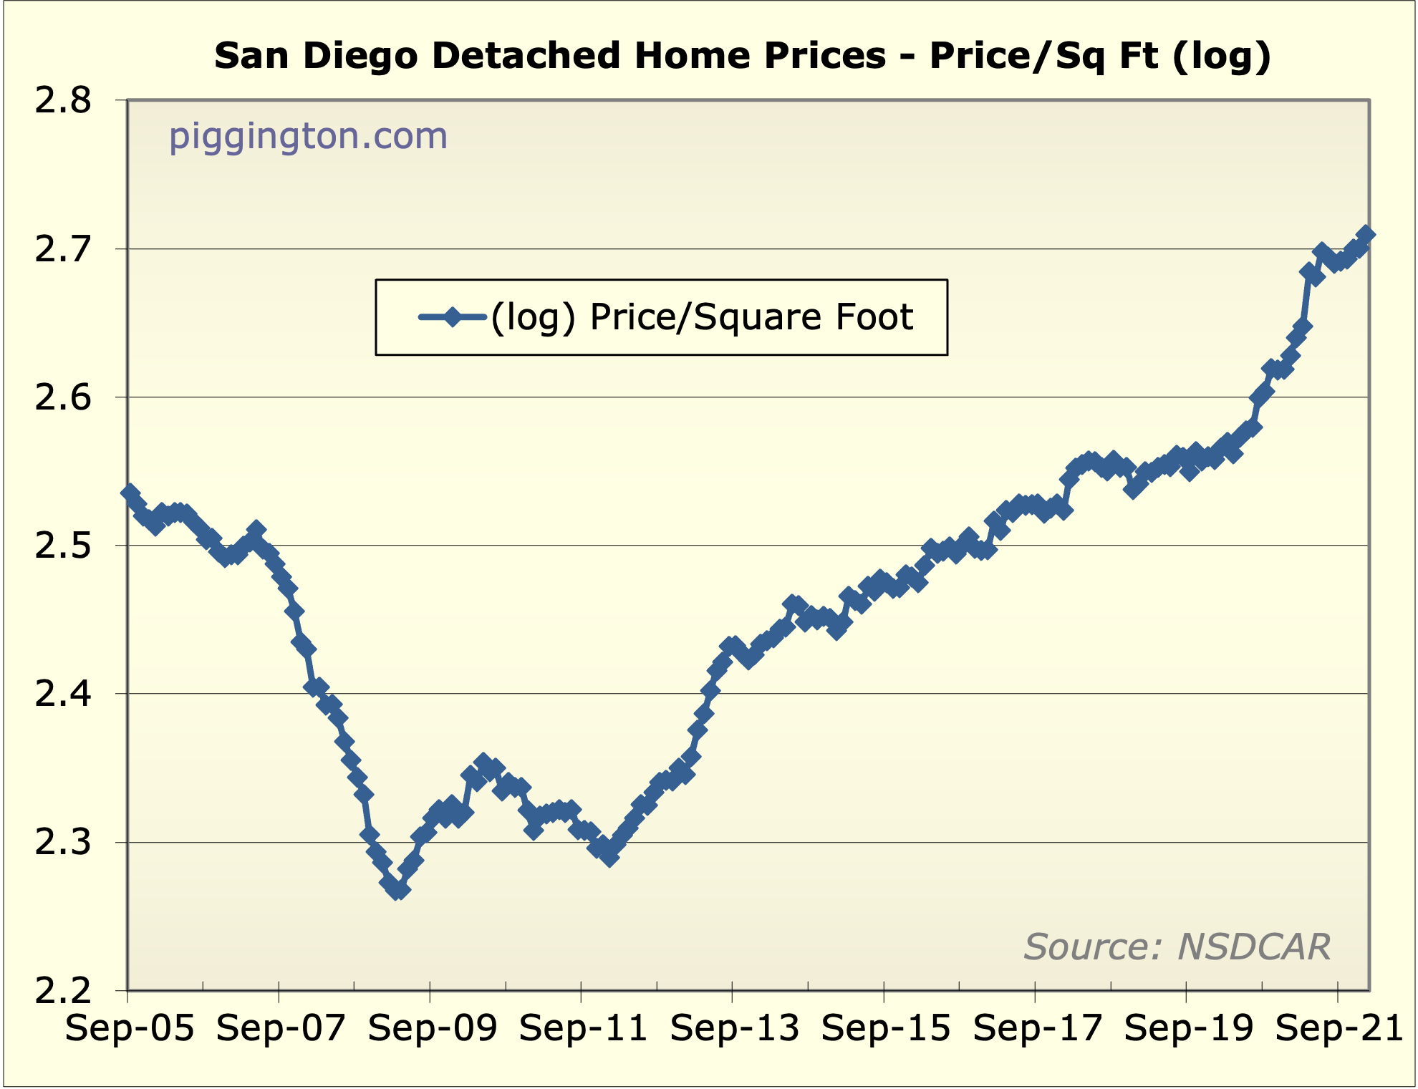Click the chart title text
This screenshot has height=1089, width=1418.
tap(743, 56)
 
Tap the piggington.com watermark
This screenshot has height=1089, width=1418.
tap(308, 136)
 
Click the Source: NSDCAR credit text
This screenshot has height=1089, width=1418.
tap(1177, 947)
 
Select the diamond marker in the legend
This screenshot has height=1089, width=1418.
tap(452, 316)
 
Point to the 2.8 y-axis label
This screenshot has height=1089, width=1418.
tap(63, 101)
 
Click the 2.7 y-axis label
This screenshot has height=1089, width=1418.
tap(63, 249)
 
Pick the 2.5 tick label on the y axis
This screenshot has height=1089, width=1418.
tap(63, 546)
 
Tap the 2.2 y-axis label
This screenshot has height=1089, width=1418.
tap(63, 991)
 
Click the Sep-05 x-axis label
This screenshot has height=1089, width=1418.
tap(130, 1029)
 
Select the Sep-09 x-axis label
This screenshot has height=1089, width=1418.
tap(432, 1029)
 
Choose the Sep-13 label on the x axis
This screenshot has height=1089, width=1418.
tap(734, 1029)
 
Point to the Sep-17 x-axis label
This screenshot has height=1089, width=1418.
tap(1037, 1029)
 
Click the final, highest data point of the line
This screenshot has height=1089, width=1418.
tap(1365, 235)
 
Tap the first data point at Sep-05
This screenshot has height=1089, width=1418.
tap(130, 493)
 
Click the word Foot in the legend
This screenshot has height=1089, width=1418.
tap(878, 317)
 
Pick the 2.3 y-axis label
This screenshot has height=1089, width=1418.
tap(63, 843)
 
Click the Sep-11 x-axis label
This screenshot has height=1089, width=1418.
tap(583, 1029)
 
